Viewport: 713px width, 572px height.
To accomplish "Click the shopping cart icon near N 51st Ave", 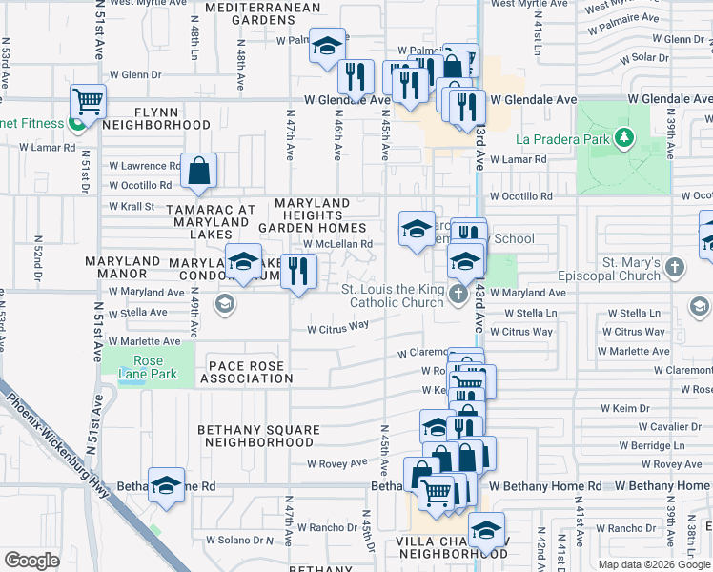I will coord(88,99).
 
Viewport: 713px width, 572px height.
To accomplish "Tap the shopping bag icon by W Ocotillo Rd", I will coord(199,172).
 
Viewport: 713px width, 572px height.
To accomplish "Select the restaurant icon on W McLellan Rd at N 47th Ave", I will coord(299,271).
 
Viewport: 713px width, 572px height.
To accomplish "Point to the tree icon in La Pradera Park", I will coord(624,139).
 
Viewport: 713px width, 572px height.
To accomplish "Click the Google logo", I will coord(32,560).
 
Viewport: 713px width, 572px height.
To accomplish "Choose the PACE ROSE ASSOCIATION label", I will coord(251,371).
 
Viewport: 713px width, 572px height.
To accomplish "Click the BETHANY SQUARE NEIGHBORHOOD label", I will coord(257,436).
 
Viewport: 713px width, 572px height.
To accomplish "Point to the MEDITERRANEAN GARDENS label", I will coord(257,13).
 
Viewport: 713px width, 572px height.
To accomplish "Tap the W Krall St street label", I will coord(132,206).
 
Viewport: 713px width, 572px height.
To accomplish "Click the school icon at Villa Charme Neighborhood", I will coord(487,530).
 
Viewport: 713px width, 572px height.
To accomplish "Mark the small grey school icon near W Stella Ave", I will coord(225,304).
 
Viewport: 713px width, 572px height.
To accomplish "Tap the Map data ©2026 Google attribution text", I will coord(653,564).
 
